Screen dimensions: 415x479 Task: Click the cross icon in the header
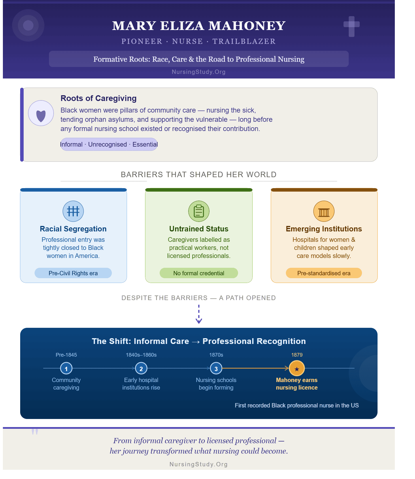352,26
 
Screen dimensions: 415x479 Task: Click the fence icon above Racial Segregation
73,211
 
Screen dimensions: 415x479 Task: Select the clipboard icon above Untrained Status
199,211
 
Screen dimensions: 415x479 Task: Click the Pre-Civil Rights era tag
73,273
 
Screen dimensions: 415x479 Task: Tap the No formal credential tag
199,273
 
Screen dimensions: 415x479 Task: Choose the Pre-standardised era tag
324,273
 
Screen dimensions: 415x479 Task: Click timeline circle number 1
66,368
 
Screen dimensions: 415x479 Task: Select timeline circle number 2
141,368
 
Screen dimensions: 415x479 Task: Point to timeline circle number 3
216,368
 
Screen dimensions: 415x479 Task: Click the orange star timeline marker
297,368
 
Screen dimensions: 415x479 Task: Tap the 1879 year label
297,355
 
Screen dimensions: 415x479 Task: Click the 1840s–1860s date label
141,355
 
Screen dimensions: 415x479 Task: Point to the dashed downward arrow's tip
199,323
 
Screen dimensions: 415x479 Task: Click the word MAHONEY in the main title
247,26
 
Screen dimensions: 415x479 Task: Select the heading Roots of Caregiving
99,98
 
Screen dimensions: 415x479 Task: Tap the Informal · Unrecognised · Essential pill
109,144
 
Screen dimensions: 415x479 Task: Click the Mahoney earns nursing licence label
297,384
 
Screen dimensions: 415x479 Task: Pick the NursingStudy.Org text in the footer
199,464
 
